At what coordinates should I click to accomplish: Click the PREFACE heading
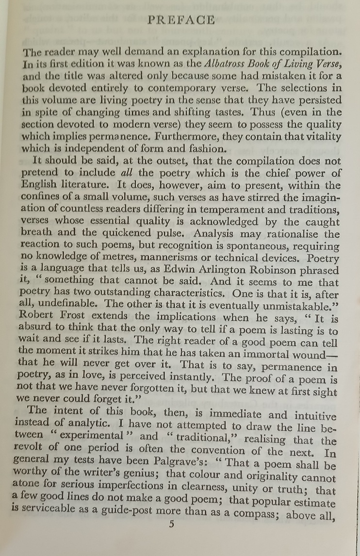(x=181, y=20)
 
